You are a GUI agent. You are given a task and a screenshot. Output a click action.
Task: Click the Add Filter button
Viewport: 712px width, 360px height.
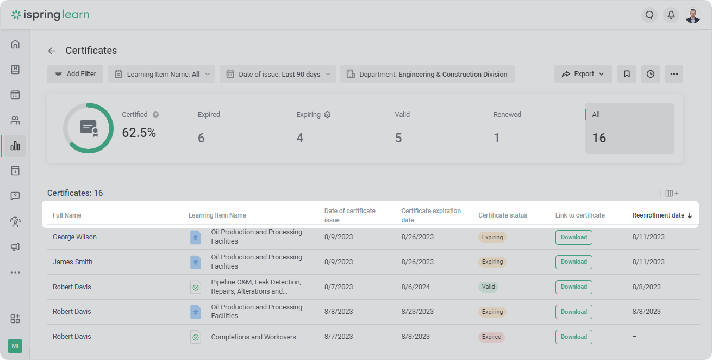75,74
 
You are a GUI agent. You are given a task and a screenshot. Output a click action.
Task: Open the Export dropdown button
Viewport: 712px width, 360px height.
583,74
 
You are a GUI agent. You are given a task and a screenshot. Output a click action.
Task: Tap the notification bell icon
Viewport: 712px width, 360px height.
671,15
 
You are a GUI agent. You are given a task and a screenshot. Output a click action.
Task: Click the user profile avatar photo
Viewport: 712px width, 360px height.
693,15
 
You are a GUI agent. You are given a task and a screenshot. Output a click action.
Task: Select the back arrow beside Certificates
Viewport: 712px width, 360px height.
52,51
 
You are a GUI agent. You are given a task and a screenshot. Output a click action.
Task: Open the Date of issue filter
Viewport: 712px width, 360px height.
278,74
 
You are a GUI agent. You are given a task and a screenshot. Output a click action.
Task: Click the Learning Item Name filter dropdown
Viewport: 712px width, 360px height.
161,74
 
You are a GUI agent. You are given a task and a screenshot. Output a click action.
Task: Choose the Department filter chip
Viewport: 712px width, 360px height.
428,74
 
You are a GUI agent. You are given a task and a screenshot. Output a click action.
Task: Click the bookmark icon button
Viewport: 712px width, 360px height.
627,74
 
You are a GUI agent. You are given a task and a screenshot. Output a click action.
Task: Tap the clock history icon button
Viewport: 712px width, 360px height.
651,74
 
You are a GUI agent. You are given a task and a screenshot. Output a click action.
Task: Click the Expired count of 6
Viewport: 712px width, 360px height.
201,138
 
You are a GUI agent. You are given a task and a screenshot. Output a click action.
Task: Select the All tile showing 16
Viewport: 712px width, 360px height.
629,128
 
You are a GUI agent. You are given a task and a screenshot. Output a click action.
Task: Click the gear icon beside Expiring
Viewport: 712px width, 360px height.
327,115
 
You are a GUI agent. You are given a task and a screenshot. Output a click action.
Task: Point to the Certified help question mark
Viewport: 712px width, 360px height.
155,115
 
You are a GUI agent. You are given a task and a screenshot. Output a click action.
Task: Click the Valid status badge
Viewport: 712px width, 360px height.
488,287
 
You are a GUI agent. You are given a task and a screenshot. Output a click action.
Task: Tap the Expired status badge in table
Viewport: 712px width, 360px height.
491,337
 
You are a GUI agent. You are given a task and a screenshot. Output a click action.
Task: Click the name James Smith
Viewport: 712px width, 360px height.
72,262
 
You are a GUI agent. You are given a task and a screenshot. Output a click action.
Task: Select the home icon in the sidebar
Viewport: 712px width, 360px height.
15,44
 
